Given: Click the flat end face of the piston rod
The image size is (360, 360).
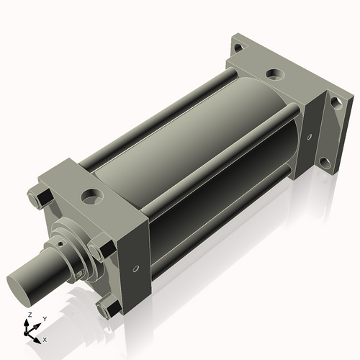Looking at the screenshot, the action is (x=18, y=289).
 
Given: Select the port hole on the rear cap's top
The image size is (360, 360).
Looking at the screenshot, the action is (x=276, y=73).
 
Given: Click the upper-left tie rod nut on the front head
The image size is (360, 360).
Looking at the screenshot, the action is (x=40, y=198).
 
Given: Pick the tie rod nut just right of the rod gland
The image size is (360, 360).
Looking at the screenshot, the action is (x=100, y=251).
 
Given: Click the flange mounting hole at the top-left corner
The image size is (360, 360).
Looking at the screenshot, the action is (x=238, y=48).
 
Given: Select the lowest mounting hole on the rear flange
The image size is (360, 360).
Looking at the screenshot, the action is (x=325, y=163).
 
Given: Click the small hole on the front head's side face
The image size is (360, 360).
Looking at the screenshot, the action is (x=136, y=269).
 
